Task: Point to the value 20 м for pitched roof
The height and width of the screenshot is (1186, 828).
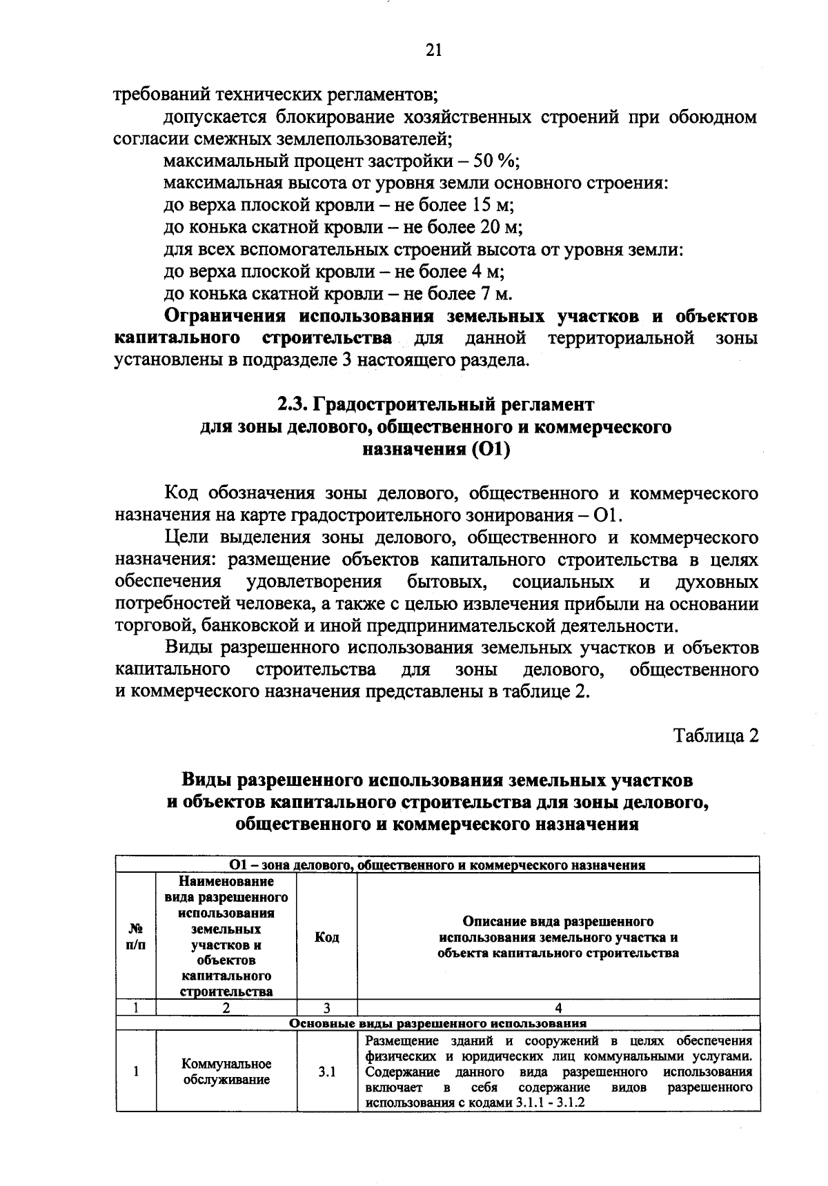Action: pyautogui.click(x=502, y=228)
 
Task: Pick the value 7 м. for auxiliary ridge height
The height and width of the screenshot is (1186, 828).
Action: pyautogui.click(x=494, y=294)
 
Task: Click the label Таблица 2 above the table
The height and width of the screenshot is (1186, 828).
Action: pyautogui.click(x=716, y=735)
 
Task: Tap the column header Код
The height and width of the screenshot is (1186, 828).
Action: pyautogui.click(x=326, y=937)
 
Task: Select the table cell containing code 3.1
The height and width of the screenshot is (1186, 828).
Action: pyautogui.click(x=326, y=1071)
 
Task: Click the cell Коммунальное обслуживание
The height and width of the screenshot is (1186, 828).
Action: pyautogui.click(x=226, y=1071)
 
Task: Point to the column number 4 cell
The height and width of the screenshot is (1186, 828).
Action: pyautogui.click(x=558, y=1007)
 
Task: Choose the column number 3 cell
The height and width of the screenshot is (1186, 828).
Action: pyautogui.click(x=326, y=1007)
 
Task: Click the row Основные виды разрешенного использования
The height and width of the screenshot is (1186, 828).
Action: pyautogui.click(x=437, y=1023)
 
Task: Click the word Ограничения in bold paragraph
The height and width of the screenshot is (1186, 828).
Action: pyautogui.click(x=224, y=317)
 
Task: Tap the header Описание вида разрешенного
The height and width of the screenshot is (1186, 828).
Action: pyautogui.click(x=558, y=922)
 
